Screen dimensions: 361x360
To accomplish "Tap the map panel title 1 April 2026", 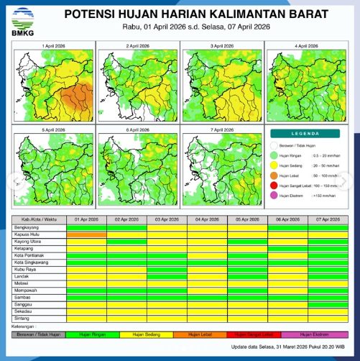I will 55,45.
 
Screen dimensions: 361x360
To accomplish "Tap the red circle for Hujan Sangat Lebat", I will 274,185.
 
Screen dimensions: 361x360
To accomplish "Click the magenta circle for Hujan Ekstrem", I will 274,195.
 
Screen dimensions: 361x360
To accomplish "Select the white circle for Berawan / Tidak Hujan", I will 274,145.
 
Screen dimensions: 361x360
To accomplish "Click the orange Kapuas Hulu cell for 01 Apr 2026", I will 86,234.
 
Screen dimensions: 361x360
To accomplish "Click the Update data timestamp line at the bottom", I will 285,348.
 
